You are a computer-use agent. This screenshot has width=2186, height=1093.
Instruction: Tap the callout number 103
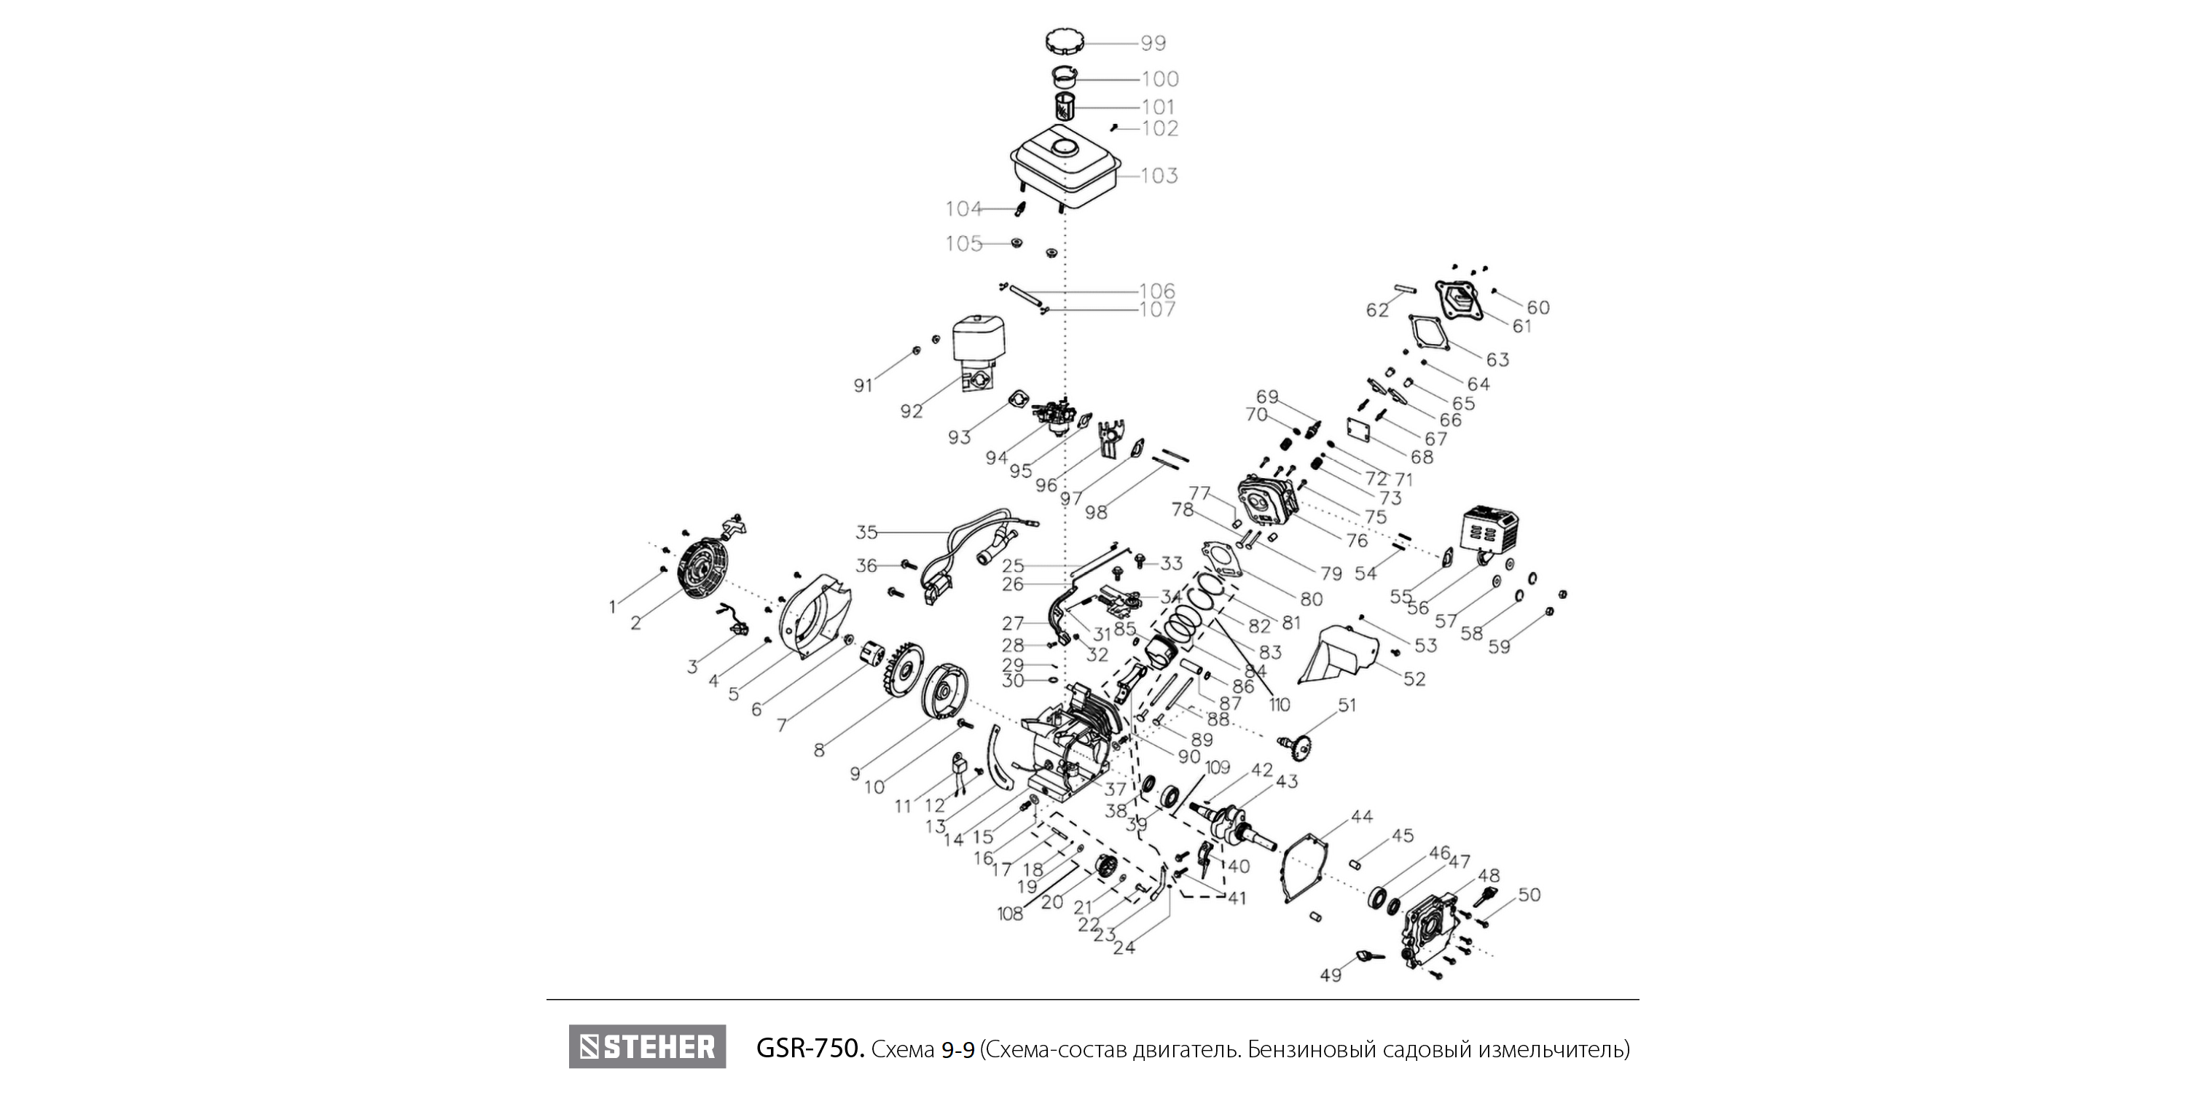[1159, 176]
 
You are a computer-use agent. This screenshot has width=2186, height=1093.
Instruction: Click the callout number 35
[866, 532]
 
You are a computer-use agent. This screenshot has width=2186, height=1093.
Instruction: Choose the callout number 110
[1279, 705]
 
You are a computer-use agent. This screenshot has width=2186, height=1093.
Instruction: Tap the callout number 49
[1331, 975]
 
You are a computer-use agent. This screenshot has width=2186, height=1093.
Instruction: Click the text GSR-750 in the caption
[810, 1049]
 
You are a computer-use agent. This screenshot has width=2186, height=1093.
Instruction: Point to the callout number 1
[612, 608]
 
